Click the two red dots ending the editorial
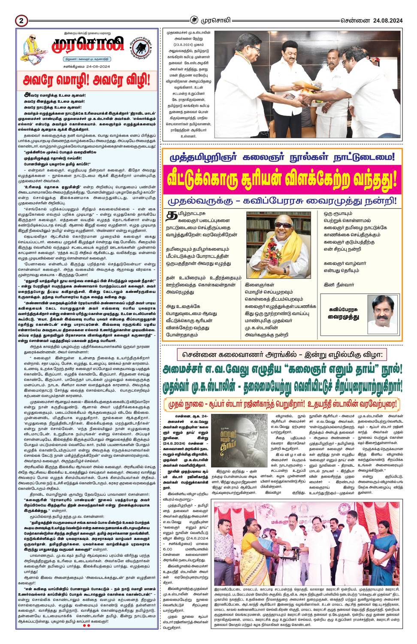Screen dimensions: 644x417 pyautogui.click(x=86, y=625)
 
